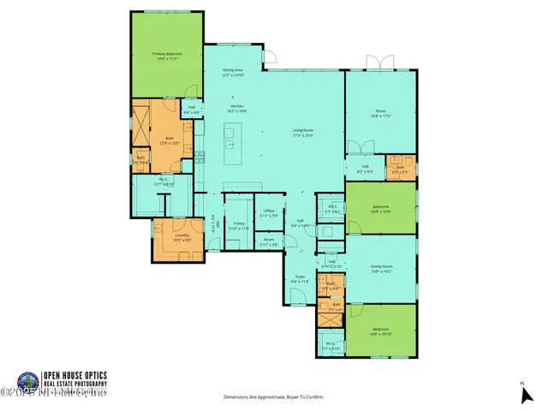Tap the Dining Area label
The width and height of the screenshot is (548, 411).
[234, 74]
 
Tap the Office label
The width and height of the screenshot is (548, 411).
[268, 212]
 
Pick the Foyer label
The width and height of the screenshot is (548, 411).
[301, 278]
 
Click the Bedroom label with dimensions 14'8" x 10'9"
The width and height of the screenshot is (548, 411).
[381, 209]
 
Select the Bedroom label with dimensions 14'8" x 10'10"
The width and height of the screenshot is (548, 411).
[381, 331]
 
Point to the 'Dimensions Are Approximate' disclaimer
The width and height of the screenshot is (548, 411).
[273, 397]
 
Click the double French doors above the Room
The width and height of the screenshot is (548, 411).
[378, 63]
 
